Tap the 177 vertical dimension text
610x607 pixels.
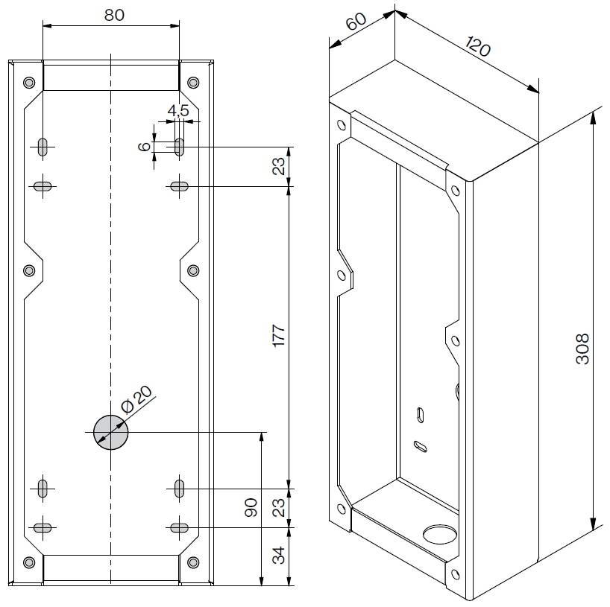pos(279,337)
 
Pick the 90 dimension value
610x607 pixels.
pos(251,508)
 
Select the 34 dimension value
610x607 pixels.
pos(279,556)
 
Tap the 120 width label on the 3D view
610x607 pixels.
pos(477,46)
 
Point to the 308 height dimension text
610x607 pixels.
pos(583,348)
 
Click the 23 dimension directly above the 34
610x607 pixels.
pos(279,508)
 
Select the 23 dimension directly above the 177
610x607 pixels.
pos(279,166)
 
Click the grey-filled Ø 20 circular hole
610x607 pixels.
pos(110,432)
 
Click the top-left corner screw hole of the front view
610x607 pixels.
pos(29,82)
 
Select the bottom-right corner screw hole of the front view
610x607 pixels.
pos(193,561)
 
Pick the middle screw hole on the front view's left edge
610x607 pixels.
pos(29,270)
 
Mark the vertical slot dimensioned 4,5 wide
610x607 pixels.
pos(179,145)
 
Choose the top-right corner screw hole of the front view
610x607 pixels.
pos(193,82)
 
